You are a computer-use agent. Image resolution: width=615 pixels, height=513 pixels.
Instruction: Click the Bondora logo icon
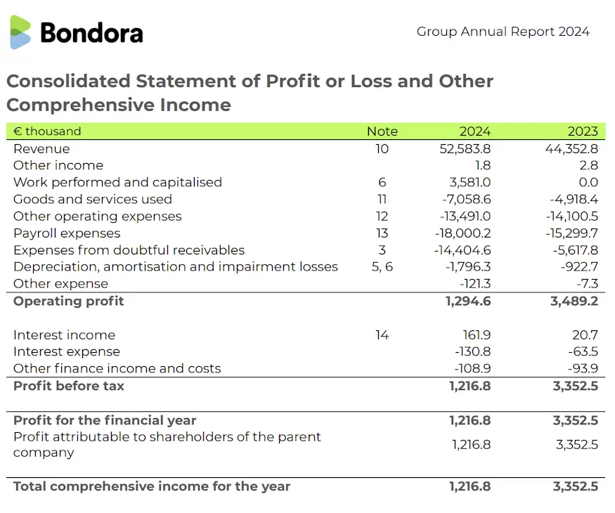20,32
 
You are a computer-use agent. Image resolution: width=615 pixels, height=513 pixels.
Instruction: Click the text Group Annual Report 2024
503,32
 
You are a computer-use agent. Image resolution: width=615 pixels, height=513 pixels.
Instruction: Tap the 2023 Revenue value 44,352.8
571,149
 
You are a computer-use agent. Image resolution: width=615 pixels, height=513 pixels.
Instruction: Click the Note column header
382,131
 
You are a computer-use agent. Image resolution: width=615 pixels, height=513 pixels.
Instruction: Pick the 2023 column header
583,131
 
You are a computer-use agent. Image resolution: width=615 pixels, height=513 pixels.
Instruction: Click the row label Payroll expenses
67,233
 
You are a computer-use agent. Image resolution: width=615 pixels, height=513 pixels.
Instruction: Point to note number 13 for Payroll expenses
382,233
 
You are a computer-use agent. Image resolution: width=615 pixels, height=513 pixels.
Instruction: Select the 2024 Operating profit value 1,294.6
467,301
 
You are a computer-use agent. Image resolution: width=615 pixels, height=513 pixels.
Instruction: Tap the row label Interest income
64,335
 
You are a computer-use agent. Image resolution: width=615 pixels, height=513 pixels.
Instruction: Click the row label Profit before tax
69,386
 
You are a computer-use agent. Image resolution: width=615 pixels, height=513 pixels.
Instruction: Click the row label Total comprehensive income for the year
152,486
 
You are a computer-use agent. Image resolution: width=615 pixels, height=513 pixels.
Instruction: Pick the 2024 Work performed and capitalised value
470,183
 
